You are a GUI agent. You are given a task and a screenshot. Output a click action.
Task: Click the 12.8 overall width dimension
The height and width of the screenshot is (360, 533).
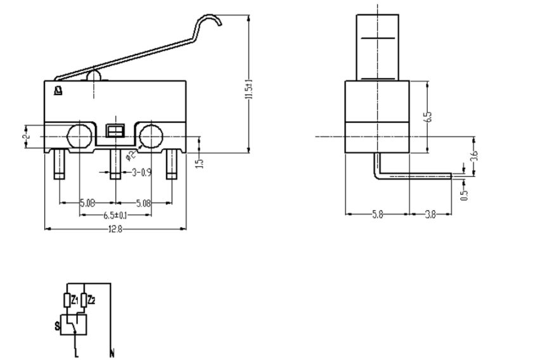(115, 229)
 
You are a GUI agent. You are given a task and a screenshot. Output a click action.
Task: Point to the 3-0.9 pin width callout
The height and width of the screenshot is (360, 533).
(141, 172)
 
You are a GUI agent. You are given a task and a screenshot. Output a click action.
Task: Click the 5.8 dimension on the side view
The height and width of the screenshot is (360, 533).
(377, 215)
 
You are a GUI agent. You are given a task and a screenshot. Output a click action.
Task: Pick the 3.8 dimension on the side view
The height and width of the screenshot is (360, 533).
(430, 215)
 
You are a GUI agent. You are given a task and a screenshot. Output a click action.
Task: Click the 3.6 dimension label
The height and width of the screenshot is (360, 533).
(474, 155)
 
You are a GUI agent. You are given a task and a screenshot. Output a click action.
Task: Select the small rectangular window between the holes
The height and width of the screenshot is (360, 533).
(115, 132)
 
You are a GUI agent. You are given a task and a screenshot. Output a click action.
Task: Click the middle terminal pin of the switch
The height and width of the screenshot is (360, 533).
(115, 164)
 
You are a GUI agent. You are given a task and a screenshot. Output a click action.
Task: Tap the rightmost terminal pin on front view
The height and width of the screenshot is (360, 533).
(170, 164)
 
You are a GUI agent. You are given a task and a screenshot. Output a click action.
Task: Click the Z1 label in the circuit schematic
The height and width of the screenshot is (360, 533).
(75, 299)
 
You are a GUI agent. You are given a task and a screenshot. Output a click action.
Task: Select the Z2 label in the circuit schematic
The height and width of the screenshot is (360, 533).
(91, 299)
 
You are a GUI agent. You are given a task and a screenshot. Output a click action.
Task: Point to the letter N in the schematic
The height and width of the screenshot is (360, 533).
(112, 352)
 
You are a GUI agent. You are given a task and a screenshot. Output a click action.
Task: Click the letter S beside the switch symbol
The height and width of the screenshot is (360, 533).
(57, 326)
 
